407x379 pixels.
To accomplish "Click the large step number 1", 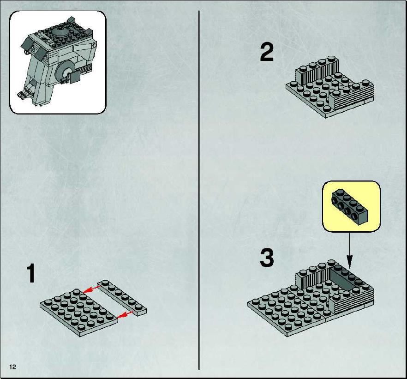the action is (31, 273).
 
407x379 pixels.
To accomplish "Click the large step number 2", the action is (267, 52).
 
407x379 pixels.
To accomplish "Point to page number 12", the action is (12, 367).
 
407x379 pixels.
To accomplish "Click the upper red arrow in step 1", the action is (92, 289).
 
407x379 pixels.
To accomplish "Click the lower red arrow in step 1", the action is (125, 314).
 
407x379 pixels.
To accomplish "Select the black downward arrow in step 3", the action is (350, 250).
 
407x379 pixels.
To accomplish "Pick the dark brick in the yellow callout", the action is (350, 206).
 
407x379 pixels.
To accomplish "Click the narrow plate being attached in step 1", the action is (122, 297).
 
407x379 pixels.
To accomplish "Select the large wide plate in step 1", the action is (79, 312).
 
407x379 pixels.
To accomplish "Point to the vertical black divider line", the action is (199, 190).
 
